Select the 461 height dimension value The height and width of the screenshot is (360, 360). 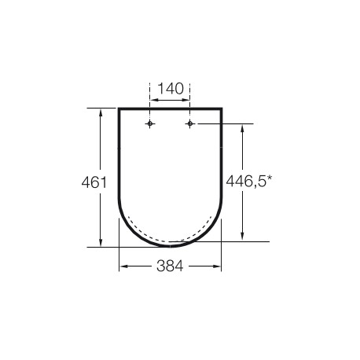pyautogui.click(x=94, y=182)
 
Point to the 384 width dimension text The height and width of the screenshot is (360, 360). pyautogui.click(x=171, y=266)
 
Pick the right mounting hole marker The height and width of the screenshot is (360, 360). pyautogui.click(x=190, y=124)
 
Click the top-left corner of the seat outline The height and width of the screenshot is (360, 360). pyautogui.click(x=119, y=108)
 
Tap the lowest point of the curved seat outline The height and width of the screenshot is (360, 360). pyautogui.click(x=171, y=245)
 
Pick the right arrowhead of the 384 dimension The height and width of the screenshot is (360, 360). pyautogui.click(x=219, y=266)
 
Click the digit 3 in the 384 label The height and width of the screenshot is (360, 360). pyautogui.click(x=160, y=266)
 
